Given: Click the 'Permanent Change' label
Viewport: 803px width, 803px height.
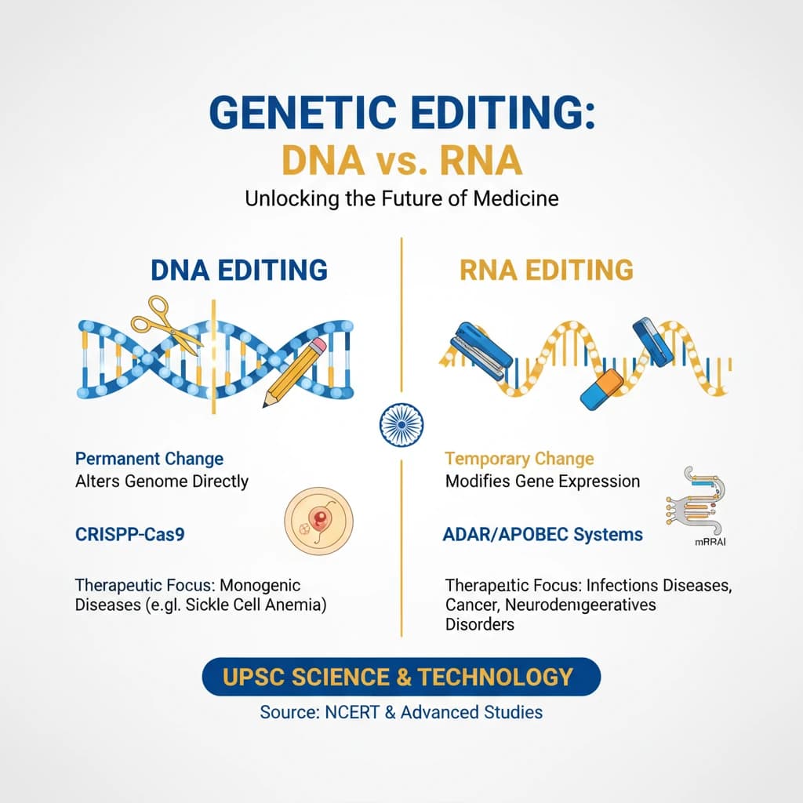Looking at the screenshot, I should click(x=149, y=459).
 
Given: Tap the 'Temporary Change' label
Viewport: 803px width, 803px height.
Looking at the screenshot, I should click(x=519, y=459).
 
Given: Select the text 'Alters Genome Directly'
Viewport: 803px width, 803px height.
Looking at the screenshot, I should click(x=162, y=481).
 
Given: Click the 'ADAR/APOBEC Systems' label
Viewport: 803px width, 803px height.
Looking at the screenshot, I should click(x=543, y=535).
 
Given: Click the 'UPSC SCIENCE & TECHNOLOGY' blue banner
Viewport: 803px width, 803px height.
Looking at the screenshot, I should click(x=401, y=676).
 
